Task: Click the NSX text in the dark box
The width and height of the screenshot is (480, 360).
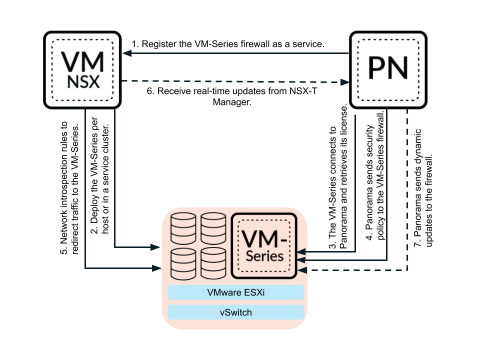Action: (83, 82)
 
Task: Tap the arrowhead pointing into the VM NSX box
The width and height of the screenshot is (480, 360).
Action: (126, 53)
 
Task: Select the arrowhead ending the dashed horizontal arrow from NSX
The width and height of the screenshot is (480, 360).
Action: (345, 82)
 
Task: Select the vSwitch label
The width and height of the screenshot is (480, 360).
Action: (236, 312)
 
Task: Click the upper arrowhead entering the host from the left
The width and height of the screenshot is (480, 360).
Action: (156, 247)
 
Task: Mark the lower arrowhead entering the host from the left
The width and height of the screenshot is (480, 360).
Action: (156, 268)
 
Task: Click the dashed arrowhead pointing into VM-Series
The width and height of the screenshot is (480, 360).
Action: (302, 270)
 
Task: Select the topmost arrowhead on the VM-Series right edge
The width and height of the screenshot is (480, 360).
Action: (302, 251)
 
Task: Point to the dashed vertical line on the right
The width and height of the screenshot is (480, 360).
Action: (408, 190)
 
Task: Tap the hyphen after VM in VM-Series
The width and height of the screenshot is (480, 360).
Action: (283, 241)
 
